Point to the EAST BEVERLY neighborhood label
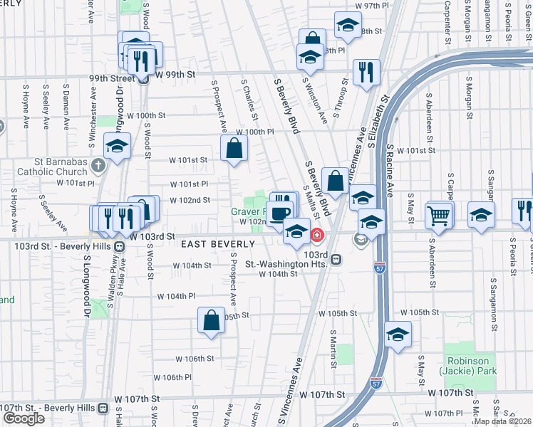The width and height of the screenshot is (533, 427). tap(218, 244)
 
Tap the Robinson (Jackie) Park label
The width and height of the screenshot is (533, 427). tap(470, 365)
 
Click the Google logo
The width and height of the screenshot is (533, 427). tap(24, 418)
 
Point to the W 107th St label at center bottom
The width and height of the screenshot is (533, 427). tap(322, 394)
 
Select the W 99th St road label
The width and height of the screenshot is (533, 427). tap(175, 74)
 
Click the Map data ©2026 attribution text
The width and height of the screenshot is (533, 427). tap(503, 421)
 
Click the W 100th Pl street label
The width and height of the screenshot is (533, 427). tap(255, 132)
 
